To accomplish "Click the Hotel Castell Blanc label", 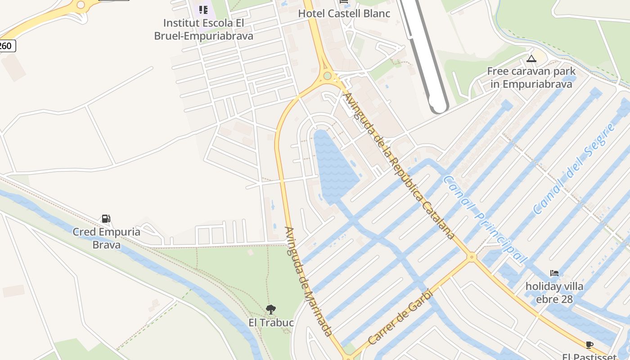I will click(x=344, y=13).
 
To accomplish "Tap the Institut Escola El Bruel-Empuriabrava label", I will click(x=203, y=29).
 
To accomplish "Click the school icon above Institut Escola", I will click(x=203, y=9).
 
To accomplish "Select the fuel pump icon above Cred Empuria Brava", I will click(x=106, y=219).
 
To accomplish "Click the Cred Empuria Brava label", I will click(x=107, y=238).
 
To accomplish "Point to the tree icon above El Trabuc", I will click(x=270, y=309).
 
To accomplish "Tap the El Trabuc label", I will click(x=271, y=323).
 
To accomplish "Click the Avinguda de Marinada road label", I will click(x=308, y=281).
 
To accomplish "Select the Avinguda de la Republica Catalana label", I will click(x=398, y=166).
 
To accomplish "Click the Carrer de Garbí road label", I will click(x=400, y=317).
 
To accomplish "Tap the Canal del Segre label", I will click(x=574, y=169).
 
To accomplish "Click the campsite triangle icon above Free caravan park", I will click(x=531, y=58).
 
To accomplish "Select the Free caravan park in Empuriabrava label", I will click(x=531, y=77).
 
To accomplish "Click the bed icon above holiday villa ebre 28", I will click(x=554, y=273).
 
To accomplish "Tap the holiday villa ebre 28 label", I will click(x=554, y=292).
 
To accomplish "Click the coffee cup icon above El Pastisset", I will click(x=589, y=345).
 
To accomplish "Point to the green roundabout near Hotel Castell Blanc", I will click(x=327, y=76).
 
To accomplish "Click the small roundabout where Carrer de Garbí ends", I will click(x=472, y=257).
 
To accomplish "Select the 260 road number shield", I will click(x=6, y=46).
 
